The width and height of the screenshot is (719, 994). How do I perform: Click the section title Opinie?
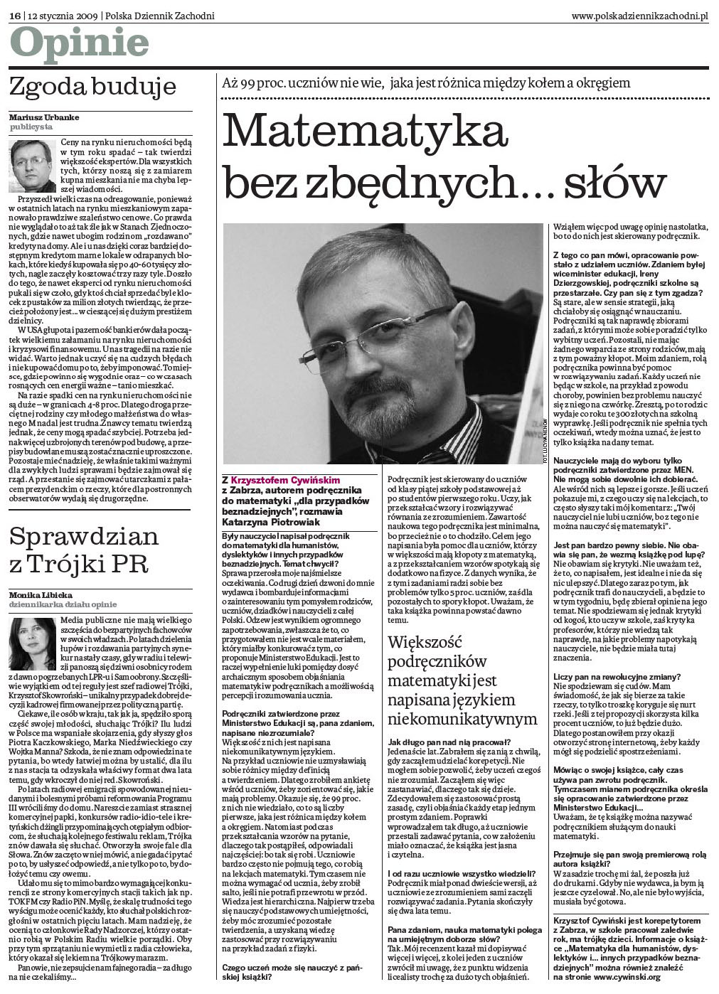click(x=79, y=45)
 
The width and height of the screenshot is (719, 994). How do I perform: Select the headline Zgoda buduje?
click(x=92, y=87)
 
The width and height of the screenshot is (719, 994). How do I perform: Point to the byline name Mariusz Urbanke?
click(x=44, y=117)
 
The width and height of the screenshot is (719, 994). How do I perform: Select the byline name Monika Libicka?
click(x=41, y=594)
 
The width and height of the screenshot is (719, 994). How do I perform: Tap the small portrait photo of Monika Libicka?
click(x=32, y=643)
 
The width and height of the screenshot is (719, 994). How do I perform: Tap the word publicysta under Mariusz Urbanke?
click(x=31, y=127)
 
